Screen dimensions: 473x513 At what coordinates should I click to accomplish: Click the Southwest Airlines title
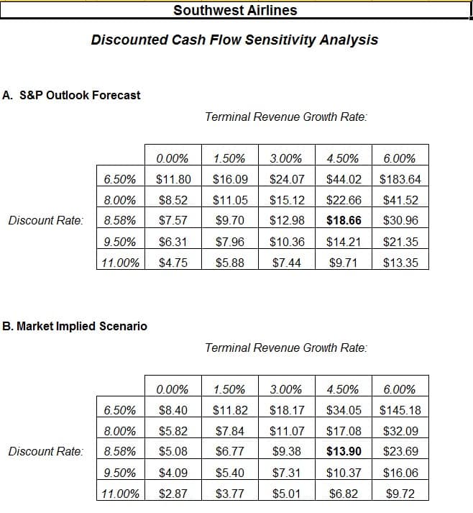[x=235, y=10]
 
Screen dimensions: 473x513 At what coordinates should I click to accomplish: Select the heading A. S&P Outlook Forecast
[x=71, y=95]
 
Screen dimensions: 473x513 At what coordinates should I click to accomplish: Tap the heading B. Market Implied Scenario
[x=75, y=326]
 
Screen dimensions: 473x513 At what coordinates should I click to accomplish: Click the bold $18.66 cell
[x=344, y=220]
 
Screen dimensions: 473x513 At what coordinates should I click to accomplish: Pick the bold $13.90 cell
[x=344, y=452]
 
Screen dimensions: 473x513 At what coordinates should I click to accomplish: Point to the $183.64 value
[x=400, y=179]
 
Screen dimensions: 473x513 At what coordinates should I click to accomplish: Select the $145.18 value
[x=400, y=410]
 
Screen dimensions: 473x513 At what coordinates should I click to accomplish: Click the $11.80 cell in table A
[x=173, y=179]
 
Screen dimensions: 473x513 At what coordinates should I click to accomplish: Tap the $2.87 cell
[x=173, y=494]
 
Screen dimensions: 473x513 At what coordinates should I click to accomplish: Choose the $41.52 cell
[x=400, y=200]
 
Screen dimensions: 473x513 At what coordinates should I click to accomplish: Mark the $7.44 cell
[x=287, y=263]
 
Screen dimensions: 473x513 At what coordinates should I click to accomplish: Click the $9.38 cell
[x=287, y=452]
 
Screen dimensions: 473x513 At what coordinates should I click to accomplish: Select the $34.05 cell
[x=344, y=410]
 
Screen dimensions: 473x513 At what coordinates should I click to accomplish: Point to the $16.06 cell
[x=400, y=473]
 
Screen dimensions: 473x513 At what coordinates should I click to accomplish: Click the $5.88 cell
[x=230, y=263]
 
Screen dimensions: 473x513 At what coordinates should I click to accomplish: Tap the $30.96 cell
[x=400, y=220]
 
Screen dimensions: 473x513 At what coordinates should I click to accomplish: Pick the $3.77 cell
[x=230, y=494]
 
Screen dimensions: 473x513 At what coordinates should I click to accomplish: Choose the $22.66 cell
[x=344, y=200]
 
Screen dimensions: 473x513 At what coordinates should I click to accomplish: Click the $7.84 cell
[x=230, y=431]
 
